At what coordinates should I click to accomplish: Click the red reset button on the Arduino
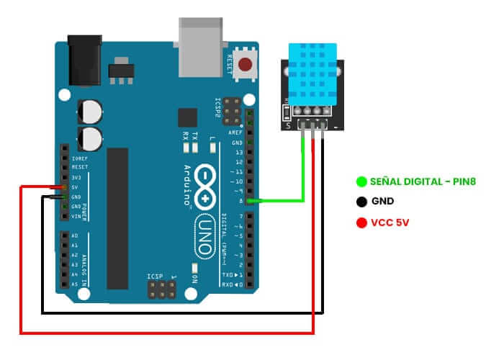248,64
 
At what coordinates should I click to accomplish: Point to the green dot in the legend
361,182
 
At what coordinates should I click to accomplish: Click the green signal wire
303,176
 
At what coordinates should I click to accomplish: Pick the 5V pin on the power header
64,187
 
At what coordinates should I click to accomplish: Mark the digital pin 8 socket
249,201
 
